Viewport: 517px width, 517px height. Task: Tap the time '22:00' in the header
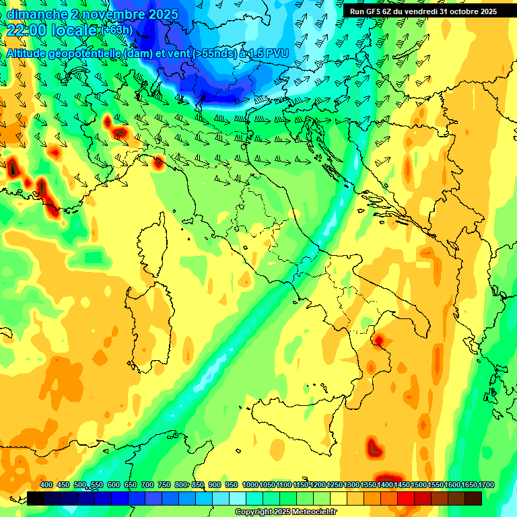click(27, 30)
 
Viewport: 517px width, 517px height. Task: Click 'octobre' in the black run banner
click(457, 11)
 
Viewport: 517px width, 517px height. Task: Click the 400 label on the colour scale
click(46, 485)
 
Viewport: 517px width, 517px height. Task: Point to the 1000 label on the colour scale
click(250, 485)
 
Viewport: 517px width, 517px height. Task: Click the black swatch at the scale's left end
click(36, 499)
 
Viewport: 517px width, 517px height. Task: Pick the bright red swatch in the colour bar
click(406, 499)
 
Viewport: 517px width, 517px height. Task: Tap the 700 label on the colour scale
click(147, 485)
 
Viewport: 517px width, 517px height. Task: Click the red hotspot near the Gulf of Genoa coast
click(158, 162)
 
